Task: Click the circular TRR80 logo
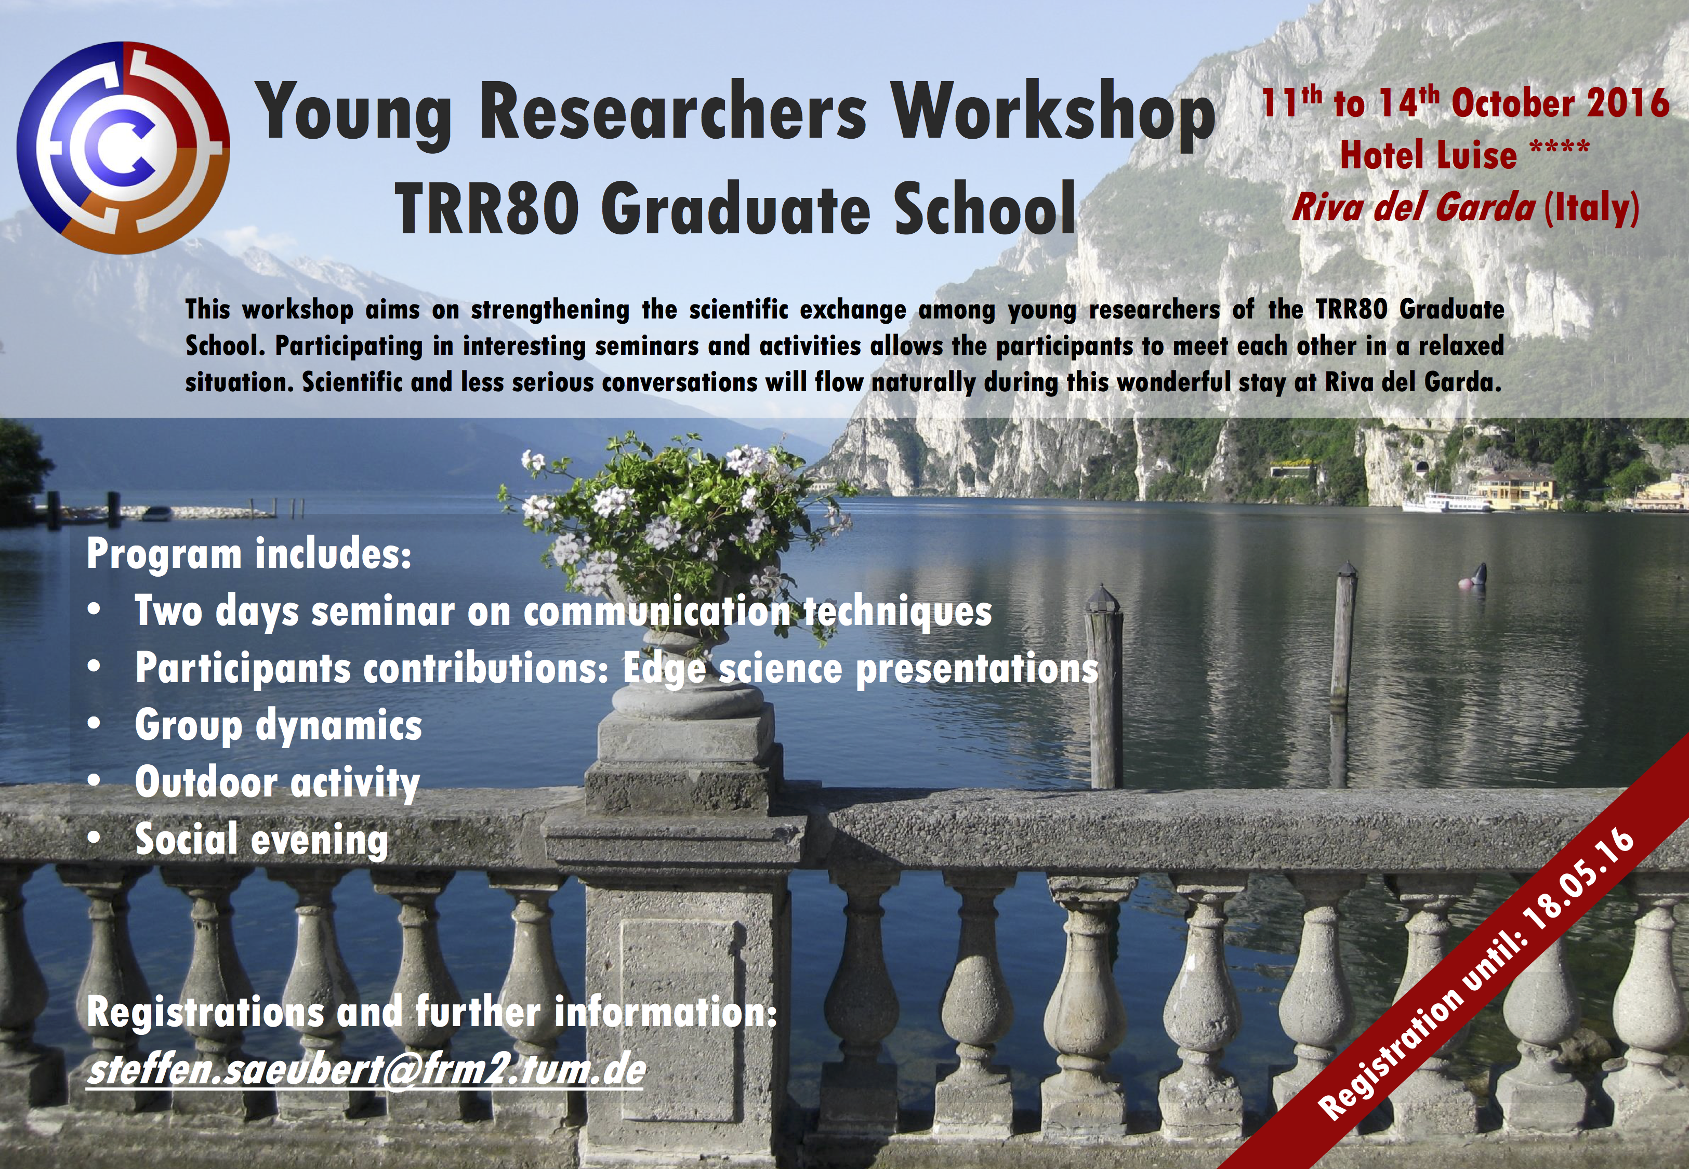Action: point(123,147)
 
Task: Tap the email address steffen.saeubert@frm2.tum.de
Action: point(365,1071)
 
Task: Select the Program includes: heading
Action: point(249,554)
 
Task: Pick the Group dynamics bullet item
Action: point(279,726)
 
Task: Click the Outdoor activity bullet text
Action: point(277,783)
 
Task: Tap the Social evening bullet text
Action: point(261,840)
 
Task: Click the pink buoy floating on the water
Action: point(1464,583)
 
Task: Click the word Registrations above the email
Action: point(205,1014)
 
